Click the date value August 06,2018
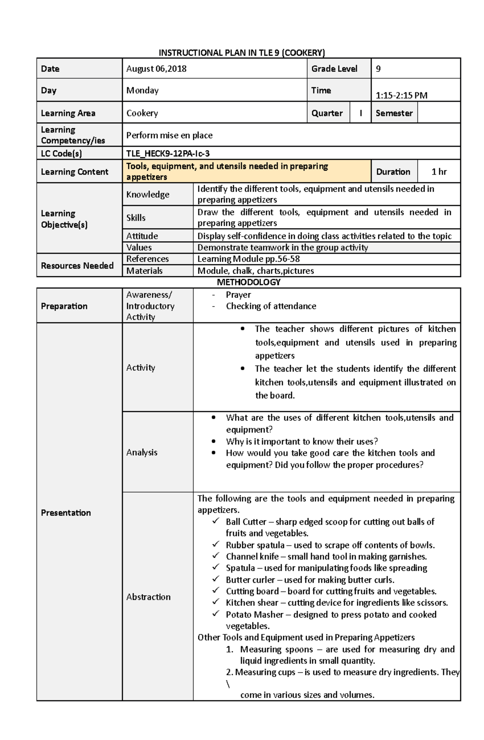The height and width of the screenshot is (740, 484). point(156,69)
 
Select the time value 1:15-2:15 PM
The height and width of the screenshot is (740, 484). point(401,96)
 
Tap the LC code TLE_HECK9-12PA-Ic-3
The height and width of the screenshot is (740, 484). point(168,154)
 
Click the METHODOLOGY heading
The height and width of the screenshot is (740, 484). point(248,282)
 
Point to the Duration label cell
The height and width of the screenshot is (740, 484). point(393,172)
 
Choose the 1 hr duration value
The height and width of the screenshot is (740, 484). point(439,172)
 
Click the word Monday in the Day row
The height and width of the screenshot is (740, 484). point(142,90)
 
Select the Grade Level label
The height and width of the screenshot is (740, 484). point(334,69)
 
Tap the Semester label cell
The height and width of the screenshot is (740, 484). point(394,113)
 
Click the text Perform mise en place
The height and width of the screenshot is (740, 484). point(169,135)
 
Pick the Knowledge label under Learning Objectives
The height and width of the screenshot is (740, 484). point(148,194)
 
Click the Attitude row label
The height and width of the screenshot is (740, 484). point(142,236)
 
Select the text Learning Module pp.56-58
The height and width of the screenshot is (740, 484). point(248,259)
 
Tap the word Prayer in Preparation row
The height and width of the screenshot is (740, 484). point(238,295)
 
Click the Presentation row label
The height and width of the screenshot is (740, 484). point(66,513)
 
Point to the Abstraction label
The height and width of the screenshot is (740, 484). point(148,597)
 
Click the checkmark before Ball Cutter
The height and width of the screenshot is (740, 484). point(216,521)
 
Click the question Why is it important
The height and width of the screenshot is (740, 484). point(302,442)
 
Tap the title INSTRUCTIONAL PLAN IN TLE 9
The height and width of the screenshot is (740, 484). point(242,53)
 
